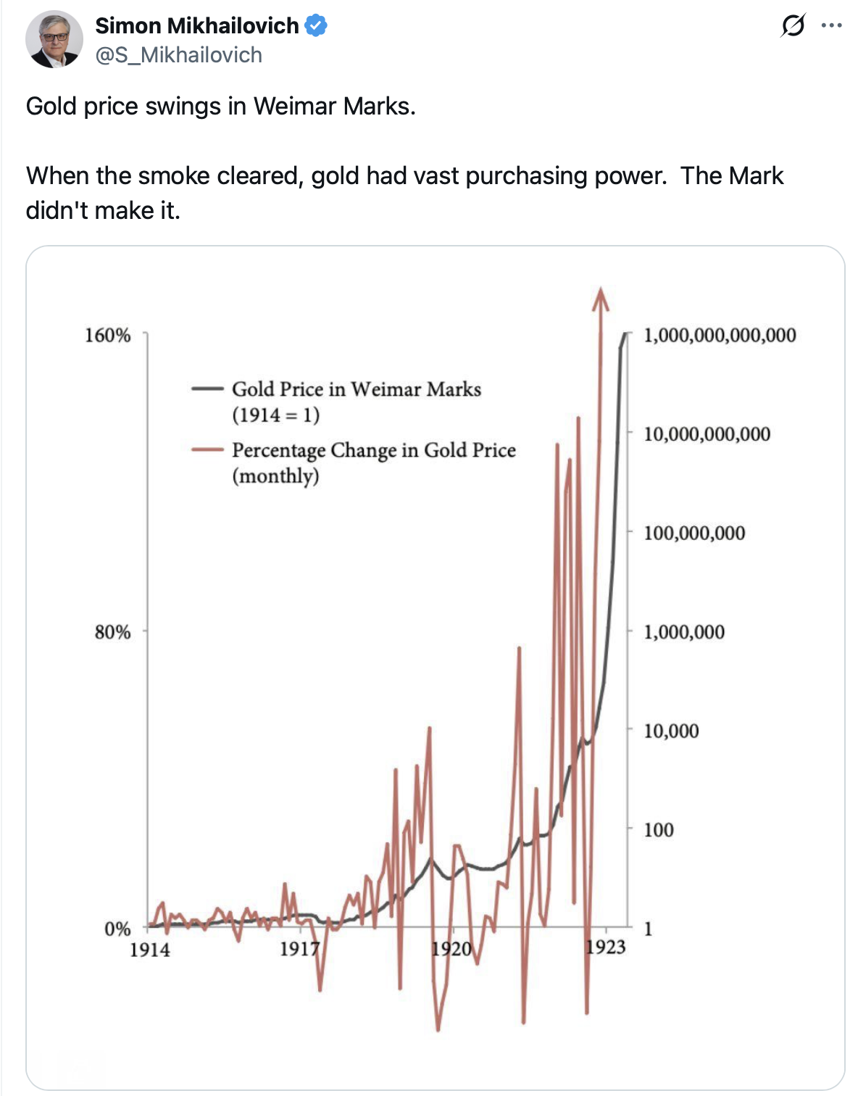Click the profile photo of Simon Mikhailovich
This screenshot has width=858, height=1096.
point(54,39)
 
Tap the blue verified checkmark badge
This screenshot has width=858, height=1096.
point(316,26)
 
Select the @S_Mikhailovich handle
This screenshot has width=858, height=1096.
point(179,55)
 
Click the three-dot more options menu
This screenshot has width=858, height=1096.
point(831,26)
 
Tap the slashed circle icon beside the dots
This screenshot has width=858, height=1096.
point(793,26)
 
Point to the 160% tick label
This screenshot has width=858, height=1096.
point(108,336)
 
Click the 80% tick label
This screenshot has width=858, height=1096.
point(112,632)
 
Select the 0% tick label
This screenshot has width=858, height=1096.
point(117,929)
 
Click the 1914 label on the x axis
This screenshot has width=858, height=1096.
point(150,950)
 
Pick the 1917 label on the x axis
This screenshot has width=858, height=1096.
point(300,949)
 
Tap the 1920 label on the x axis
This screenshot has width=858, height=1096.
point(451,949)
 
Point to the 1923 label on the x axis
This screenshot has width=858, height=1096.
point(606,947)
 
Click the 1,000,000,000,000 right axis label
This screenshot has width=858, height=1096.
point(720,336)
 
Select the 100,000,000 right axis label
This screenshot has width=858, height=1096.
point(694,534)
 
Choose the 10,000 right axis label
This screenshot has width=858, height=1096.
point(671,731)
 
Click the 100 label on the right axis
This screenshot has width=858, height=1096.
point(659,830)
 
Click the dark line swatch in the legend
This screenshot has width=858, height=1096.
point(207,389)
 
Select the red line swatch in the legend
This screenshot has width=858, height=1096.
point(207,449)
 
